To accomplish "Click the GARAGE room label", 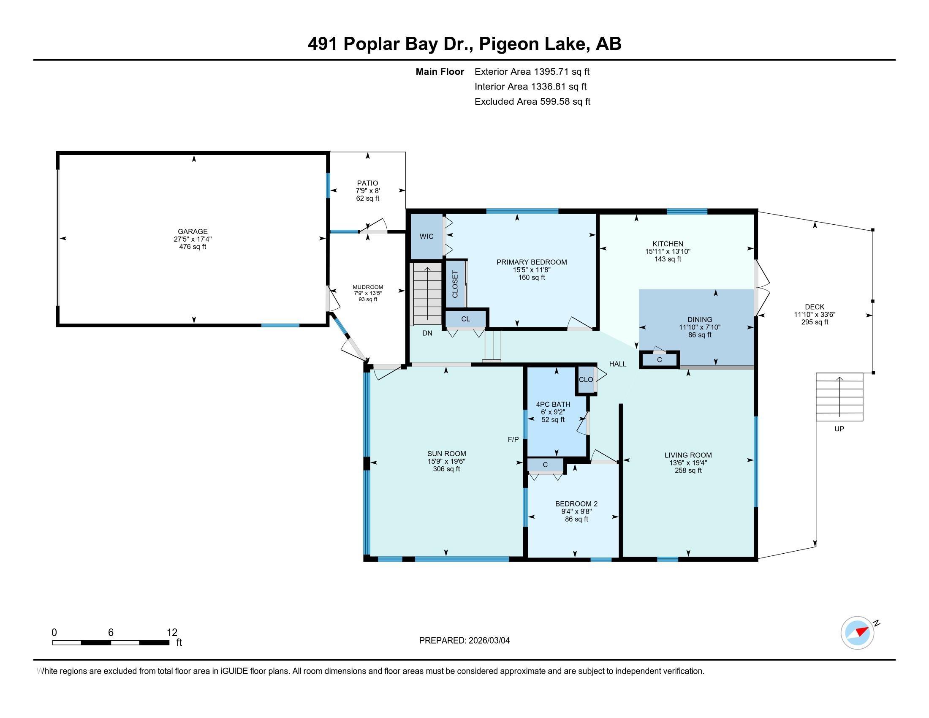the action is click(x=193, y=231).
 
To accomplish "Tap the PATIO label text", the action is click(x=367, y=183).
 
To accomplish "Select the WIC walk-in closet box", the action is click(x=426, y=237).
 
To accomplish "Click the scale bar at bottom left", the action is click(x=111, y=643).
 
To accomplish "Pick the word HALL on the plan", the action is click(x=618, y=364).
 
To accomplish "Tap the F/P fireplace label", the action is click(x=513, y=439).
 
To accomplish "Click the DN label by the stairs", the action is click(x=427, y=333).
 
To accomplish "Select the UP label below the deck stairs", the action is click(x=839, y=429).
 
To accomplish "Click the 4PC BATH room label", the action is click(x=553, y=404).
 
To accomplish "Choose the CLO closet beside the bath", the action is click(x=586, y=379).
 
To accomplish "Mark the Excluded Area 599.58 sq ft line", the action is click(x=532, y=102).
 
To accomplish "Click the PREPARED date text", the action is click(x=465, y=640).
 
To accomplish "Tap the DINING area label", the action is click(x=700, y=319).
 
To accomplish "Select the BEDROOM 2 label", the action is click(x=576, y=503).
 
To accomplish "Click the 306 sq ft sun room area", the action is click(x=447, y=469).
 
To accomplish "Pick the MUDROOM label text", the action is click(x=368, y=287).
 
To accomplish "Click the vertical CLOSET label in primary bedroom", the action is click(x=455, y=284).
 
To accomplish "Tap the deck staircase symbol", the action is click(x=839, y=397).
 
